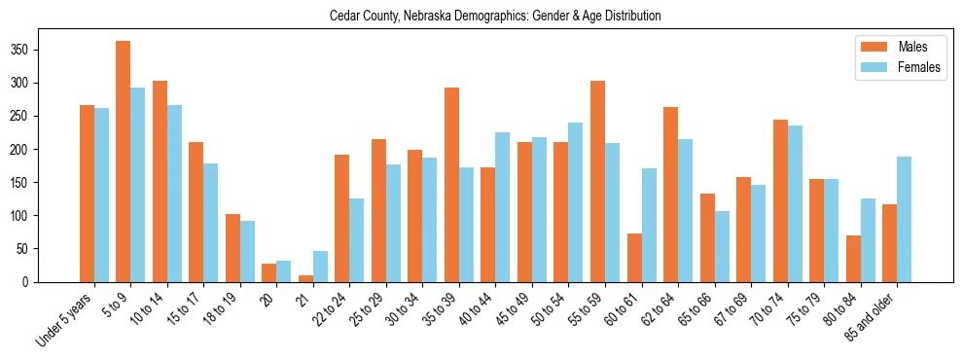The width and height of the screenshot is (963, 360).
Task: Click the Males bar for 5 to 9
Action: coord(123,162)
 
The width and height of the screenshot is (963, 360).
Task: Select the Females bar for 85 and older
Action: coord(904,219)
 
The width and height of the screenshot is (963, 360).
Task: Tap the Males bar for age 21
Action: coord(305,278)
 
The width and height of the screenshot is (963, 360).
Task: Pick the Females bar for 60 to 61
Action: coord(649,225)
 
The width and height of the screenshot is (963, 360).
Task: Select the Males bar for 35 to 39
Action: coord(451,185)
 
